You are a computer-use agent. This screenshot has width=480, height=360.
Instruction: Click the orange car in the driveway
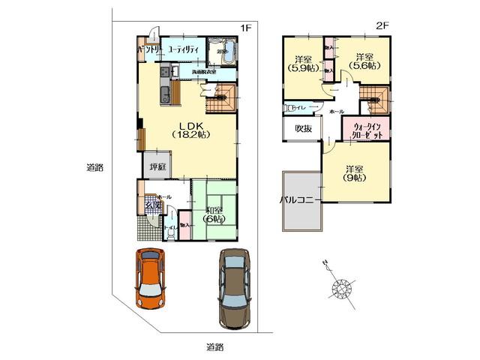tap(151, 277)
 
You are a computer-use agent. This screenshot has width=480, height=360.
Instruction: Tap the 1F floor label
tap(244, 28)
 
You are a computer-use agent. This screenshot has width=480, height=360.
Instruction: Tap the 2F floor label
tap(382, 25)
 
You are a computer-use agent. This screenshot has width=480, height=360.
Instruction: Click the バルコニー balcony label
tap(300, 200)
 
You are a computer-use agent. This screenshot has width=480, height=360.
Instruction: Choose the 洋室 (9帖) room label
tap(355, 174)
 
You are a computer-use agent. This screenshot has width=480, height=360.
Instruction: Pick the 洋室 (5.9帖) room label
tap(303, 64)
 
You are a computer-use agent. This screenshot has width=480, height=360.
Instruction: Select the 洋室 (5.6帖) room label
tap(364, 61)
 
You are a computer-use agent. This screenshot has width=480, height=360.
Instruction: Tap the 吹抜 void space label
tap(303, 128)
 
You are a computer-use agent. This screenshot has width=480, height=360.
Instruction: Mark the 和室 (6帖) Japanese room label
tap(214, 214)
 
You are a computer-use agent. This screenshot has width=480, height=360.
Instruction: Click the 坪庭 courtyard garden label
tap(157, 166)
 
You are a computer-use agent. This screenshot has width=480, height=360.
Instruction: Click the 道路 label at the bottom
tap(214, 346)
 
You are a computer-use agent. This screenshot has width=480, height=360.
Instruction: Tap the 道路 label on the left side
tap(94, 169)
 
